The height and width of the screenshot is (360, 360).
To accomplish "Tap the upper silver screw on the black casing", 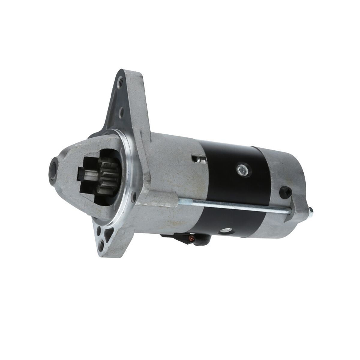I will click(240, 169).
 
